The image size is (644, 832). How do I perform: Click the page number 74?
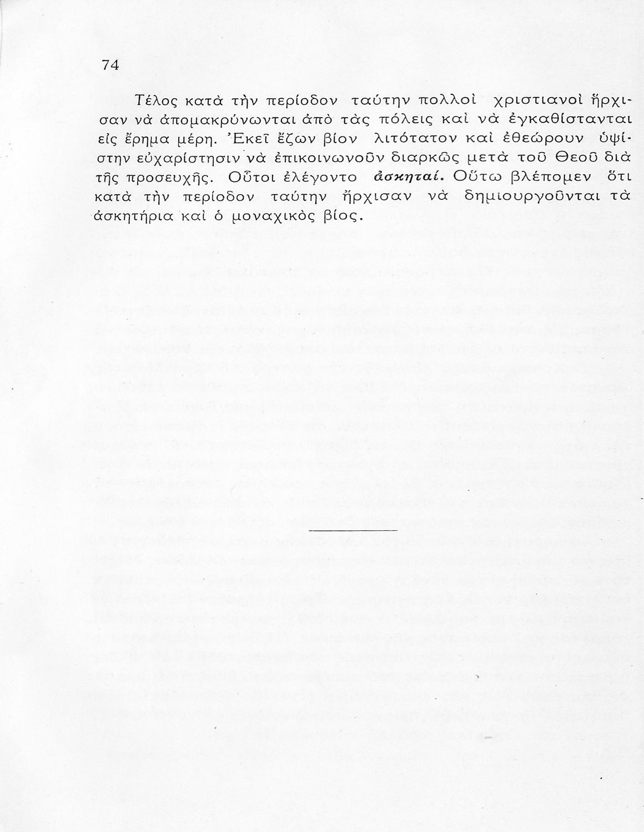point(110,65)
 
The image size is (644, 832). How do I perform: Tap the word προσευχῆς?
point(163,177)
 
